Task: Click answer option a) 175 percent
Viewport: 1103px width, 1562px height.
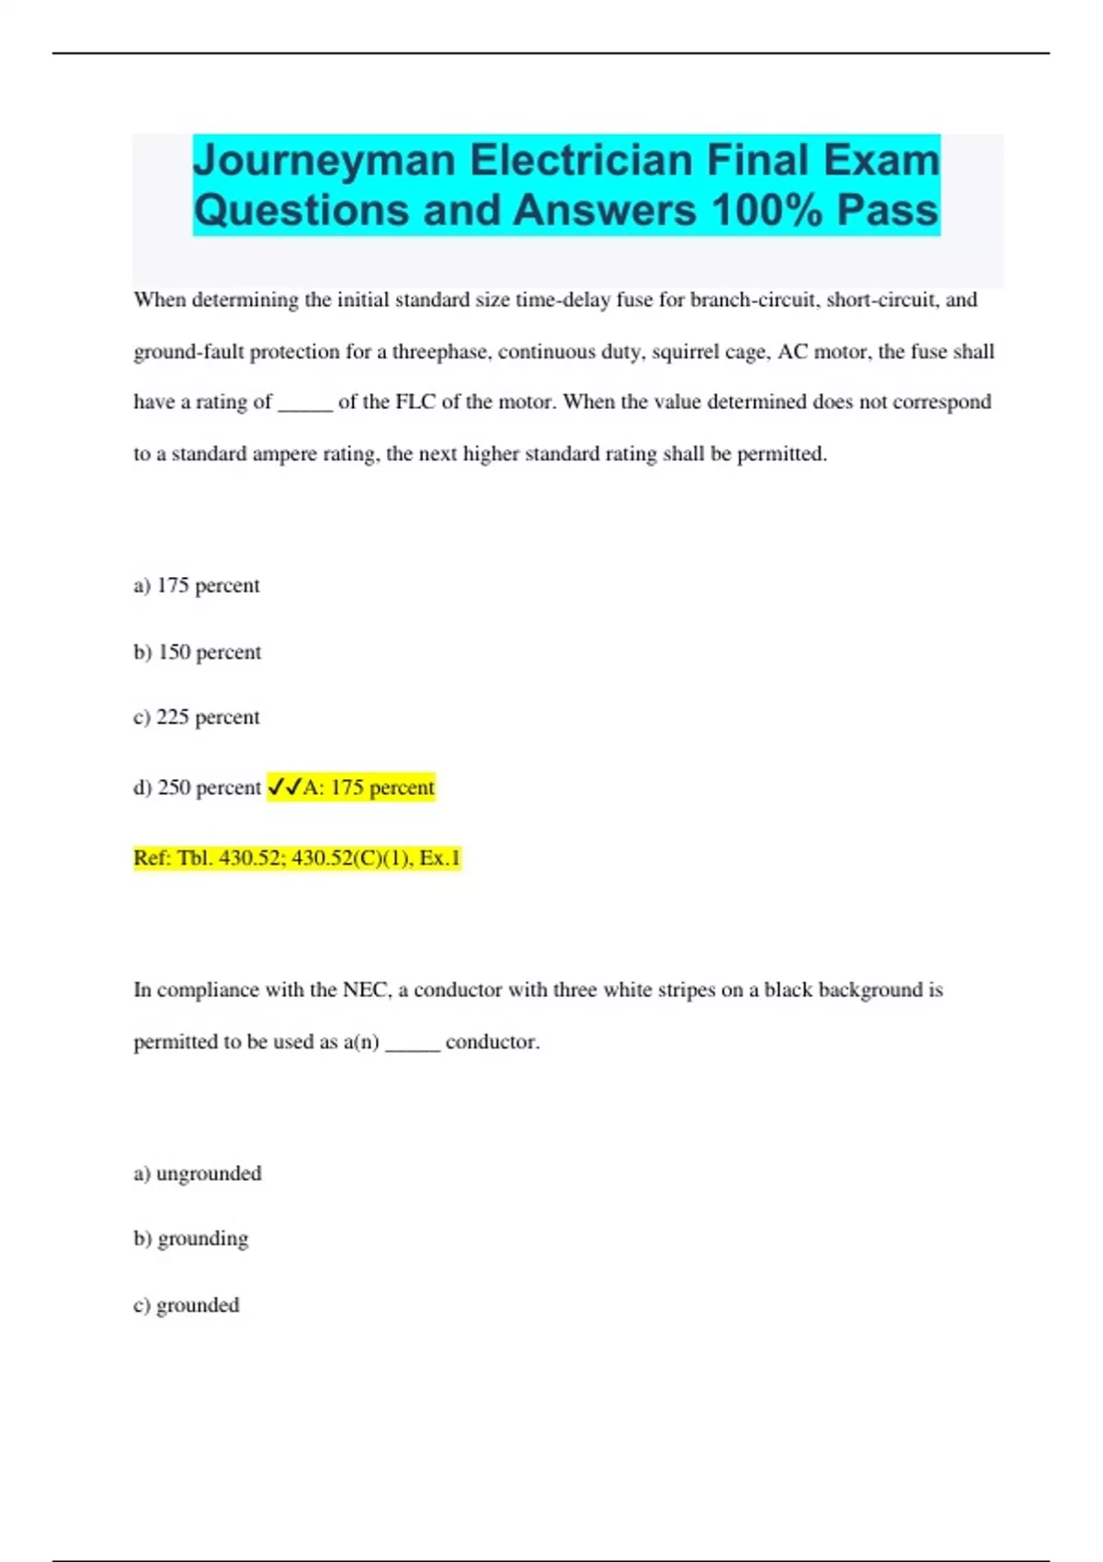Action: tap(197, 585)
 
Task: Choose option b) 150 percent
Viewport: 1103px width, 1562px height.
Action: tap(198, 652)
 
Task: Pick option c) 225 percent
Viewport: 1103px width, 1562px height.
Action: tap(197, 718)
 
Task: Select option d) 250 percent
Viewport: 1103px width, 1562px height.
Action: tap(198, 787)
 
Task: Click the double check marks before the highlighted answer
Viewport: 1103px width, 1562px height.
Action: tap(283, 787)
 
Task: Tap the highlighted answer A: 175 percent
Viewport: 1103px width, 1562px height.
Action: tap(369, 787)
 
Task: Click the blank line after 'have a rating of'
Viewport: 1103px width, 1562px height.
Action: tap(305, 405)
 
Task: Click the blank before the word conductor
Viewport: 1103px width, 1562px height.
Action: tap(413, 1045)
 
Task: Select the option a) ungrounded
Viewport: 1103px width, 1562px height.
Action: tap(198, 1173)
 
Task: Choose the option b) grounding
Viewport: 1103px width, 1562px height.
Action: tap(191, 1239)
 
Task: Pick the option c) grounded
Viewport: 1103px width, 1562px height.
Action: tap(187, 1305)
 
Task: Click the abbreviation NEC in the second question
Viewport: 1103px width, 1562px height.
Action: tap(365, 990)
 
